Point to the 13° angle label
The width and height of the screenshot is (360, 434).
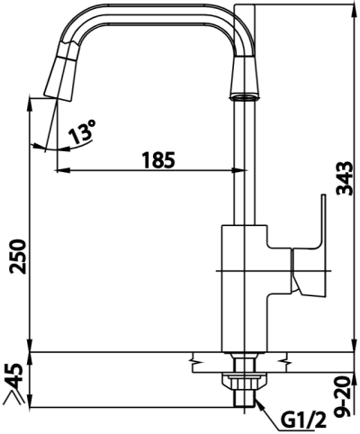point(80,134)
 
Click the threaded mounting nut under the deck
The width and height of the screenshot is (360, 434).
point(240,387)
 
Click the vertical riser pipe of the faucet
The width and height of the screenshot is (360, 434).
point(240,162)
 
